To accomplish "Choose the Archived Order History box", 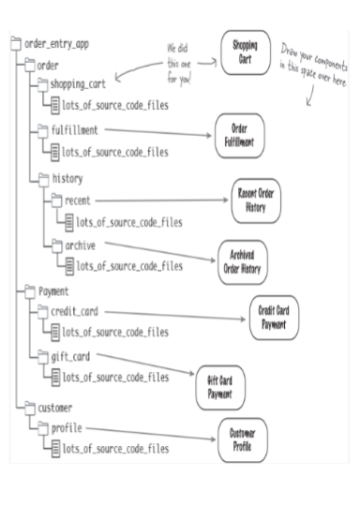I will (244, 259).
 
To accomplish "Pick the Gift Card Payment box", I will (220, 387).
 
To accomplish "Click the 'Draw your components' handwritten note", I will (311, 67).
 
